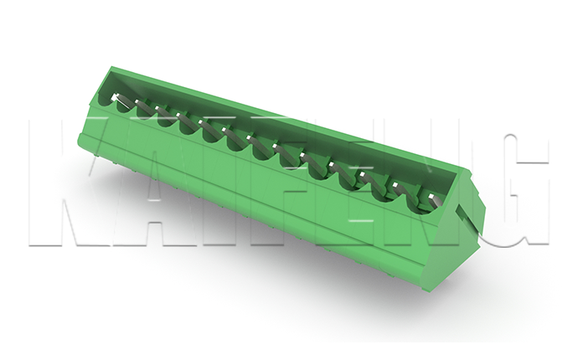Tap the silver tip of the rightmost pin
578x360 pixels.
(431, 197)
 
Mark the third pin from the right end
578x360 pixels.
(369, 178)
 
